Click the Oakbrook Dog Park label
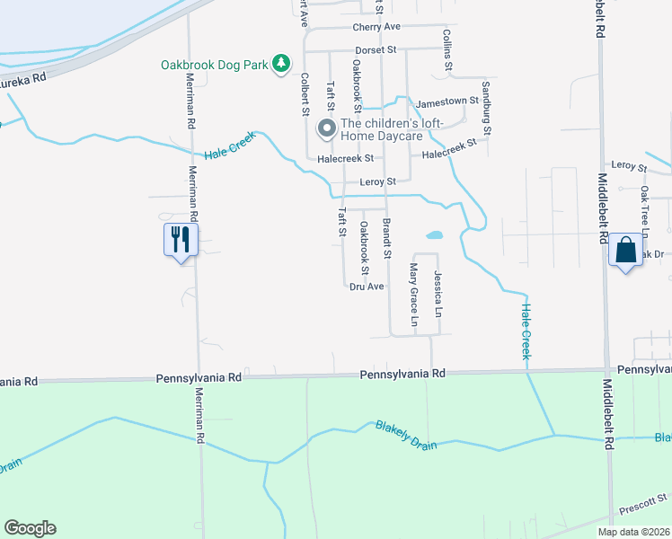pos(216,65)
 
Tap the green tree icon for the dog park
pos(282,63)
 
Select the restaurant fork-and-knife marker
pos(181,240)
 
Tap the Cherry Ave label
pos(379,27)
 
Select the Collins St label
pos(447,50)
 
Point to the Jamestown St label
pos(447,104)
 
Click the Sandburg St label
pos(486,108)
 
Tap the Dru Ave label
pos(367,287)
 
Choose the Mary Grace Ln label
pos(414,296)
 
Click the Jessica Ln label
pos(438,294)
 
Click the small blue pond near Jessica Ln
pos(434,235)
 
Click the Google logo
pos(30,528)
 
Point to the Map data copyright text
pos(632,532)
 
